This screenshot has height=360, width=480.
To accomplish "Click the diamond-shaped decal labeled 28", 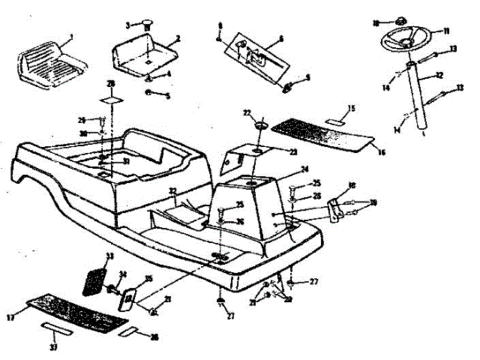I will point(111,100).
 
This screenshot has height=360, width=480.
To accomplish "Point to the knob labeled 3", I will point(146,24).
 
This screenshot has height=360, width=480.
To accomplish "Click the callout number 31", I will point(127,161).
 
